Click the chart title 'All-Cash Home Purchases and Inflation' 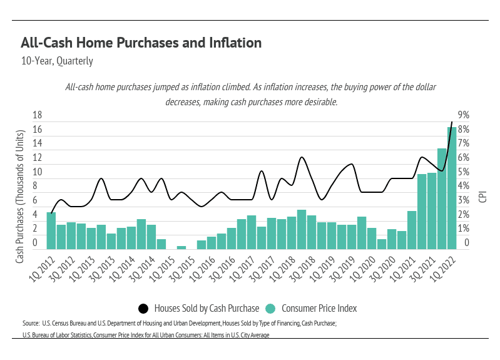pos(141,43)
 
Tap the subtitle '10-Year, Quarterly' pos(57,61)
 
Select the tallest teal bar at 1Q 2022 pos(452,188)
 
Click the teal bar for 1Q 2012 pos(51,230)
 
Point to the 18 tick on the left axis pos(37,115)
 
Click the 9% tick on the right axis pos(464,115)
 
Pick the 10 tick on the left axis pos(37,172)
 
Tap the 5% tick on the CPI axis pos(464,172)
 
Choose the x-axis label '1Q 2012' pos(41,267)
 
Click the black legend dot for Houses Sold pos(143,308)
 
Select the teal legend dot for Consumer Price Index pos(270,308)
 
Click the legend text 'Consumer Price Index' pos(319,308)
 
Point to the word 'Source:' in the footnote pos(31,323)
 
